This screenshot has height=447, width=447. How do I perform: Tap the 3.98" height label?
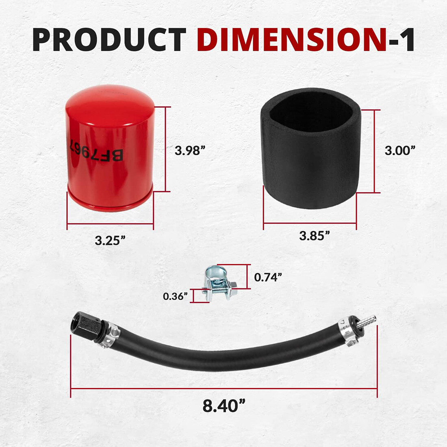pyautogui.click(x=188, y=151)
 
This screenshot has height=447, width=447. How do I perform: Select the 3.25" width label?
pyautogui.click(x=110, y=241)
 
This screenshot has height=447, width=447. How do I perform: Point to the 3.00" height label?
pyautogui.click(x=400, y=151)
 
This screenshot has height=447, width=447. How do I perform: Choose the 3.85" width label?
pyautogui.click(x=314, y=236)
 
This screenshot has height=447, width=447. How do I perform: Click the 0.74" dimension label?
pyautogui.click(x=268, y=277)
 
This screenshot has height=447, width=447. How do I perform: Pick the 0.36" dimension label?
pyautogui.click(x=175, y=296)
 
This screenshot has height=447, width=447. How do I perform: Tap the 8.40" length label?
pyautogui.click(x=224, y=406)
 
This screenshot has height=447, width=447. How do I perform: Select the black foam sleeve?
pyautogui.click(x=310, y=171)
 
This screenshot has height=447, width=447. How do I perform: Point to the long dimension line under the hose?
pyautogui.click(x=224, y=388)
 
